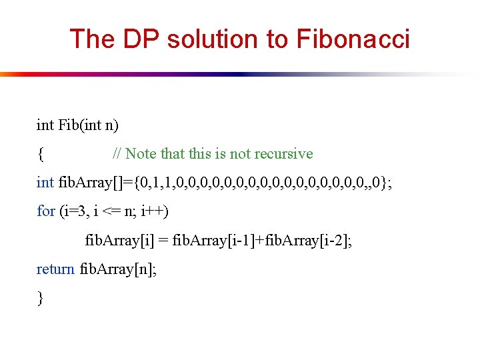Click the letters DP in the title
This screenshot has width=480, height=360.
click(x=141, y=39)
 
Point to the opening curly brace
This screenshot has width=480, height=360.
click(x=40, y=155)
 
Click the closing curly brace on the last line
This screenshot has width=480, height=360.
click(x=40, y=299)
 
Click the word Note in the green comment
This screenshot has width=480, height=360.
click(x=140, y=154)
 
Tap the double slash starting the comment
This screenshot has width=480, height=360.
click(x=117, y=154)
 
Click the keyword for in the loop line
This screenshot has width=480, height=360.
click(x=46, y=211)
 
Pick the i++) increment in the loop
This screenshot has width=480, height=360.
click(x=155, y=211)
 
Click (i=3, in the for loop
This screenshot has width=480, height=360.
click(x=75, y=211)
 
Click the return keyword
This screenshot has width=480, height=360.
click(x=55, y=269)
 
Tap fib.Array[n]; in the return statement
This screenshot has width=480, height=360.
click(x=118, y=269)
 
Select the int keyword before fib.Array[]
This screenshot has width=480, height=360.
click(x=45, y=183)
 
